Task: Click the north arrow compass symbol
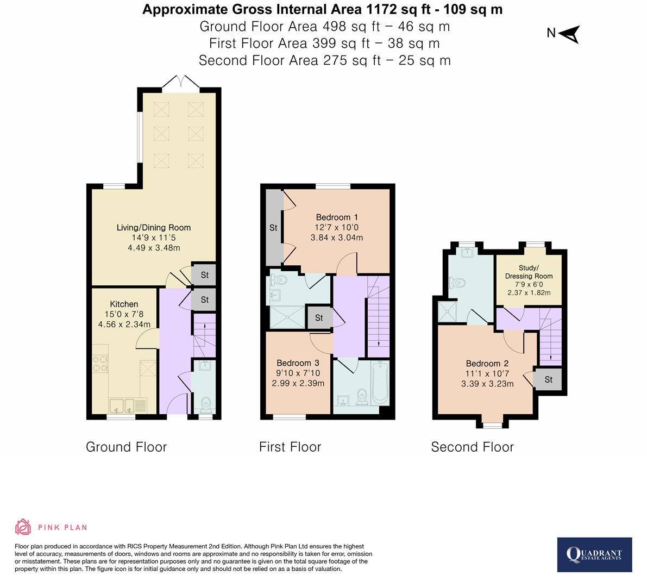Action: pyautogui.click(x=569, y=34)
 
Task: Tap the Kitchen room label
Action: pyautogui.click(x=124, y=304)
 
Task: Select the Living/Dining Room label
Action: pyautogui.click(x=154, y=228)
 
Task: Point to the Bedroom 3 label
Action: pyautogui.click(x=298, y=363)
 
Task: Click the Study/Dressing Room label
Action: pyautogui.click(x=529, y=272)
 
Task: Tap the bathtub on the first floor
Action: pyautogui.click(x=380, y=385)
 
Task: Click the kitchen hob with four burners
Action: pyautogui.click(x=100, y=363)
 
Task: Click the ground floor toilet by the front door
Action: pyautogui.click(x=205, y=404)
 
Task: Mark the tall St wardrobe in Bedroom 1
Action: pyautogui.click(x=273, y=228)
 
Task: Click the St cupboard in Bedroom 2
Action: pyautogui.click(x=548, y=379)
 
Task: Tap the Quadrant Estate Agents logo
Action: pyautogui.click(x=594, y=554)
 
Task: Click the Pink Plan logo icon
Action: pyautogui.click(x=23, y=527)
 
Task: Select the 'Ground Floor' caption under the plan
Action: pyautogui.click(x=126, y=447)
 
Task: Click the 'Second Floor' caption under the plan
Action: pyautogui.click(x=472, y=447)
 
